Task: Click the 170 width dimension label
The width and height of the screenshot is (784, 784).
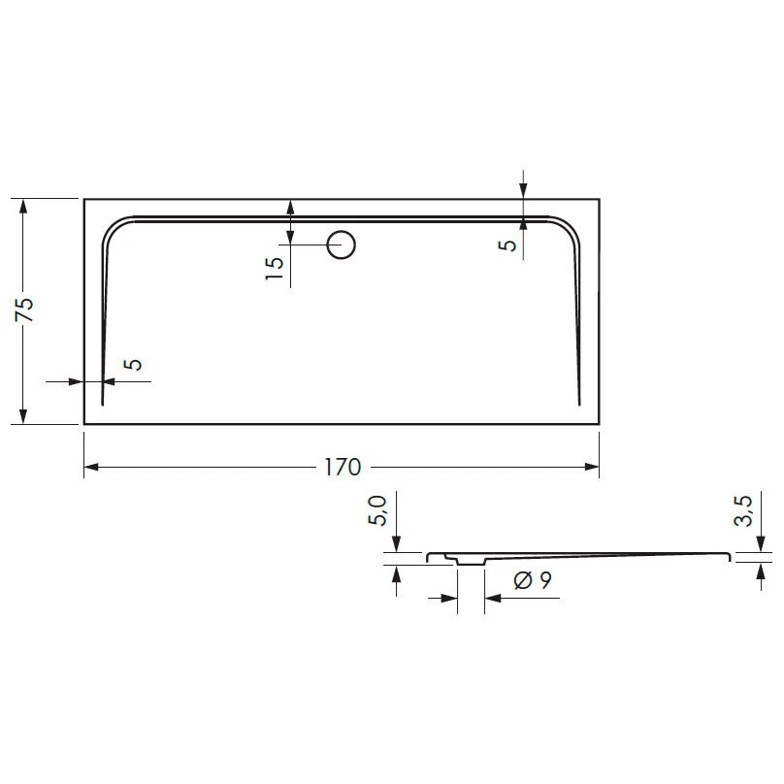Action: [342, 468]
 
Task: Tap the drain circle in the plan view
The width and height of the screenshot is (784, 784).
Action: [341, 245]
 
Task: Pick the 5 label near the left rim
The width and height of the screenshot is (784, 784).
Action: [134, 364]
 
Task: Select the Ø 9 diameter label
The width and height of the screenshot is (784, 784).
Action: [533, 581]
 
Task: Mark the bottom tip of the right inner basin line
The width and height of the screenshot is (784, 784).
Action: [579, 403]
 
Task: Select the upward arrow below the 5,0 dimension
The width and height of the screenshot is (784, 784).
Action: [396, 572]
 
